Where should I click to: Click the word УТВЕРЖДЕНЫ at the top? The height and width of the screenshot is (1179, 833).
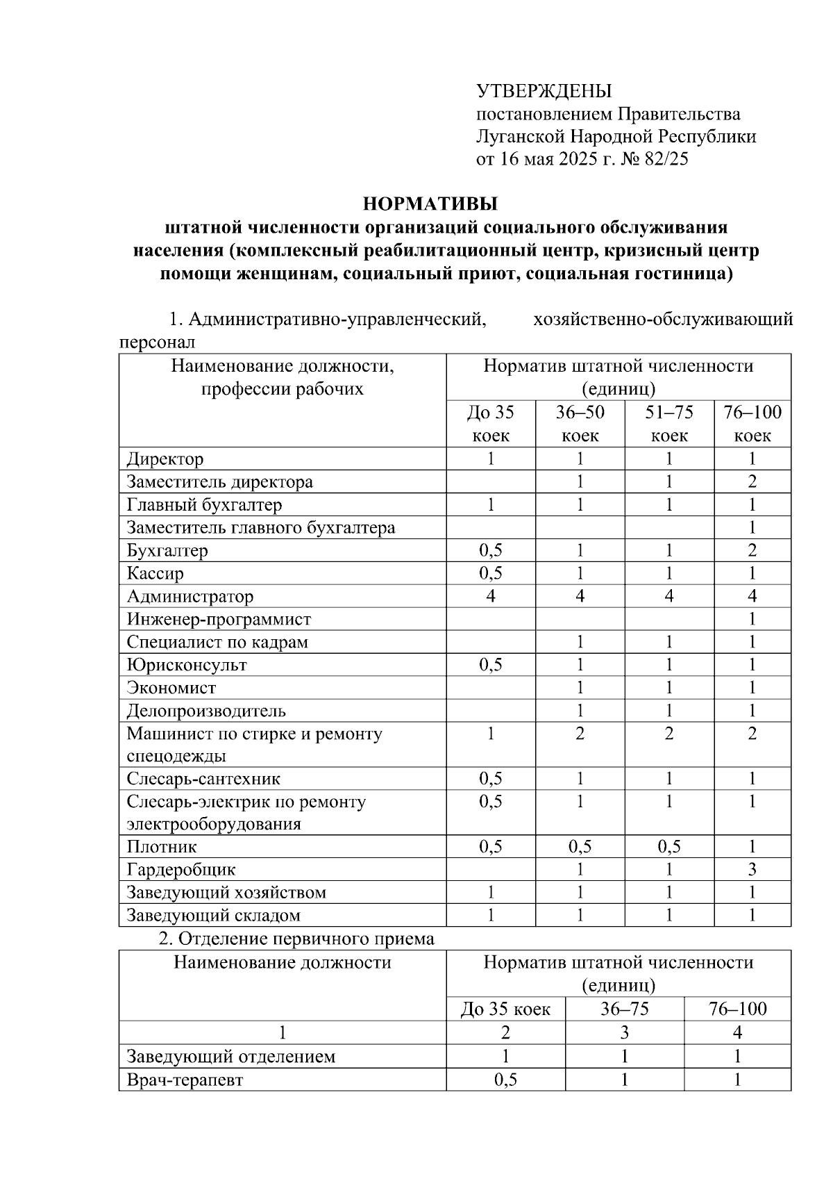point(544,91)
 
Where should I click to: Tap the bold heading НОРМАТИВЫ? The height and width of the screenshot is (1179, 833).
point(430,204)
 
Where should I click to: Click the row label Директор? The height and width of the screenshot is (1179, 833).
point(165,459)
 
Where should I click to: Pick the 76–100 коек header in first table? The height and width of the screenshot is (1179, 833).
point(752,424)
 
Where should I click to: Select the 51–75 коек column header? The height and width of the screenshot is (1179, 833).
point(669,424)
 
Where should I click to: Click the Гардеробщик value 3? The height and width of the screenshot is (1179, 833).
point(752,870)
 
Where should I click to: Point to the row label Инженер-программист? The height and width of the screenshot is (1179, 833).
point(219,619)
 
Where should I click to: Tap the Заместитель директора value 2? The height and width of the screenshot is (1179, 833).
point(752,482)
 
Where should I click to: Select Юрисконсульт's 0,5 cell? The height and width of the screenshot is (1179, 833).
point(491,665)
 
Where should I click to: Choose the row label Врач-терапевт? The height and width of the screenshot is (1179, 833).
point(185,1080)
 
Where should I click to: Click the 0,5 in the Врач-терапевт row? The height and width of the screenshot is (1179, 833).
point(505,1080)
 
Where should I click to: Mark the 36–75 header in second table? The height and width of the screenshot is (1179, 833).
point(625,1009)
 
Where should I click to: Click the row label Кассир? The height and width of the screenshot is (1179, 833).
point(155,574)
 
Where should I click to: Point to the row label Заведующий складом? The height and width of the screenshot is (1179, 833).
point(214,916)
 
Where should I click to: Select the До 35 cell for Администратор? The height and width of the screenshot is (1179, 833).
point(491,596)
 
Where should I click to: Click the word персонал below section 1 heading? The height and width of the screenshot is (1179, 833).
point(157,343)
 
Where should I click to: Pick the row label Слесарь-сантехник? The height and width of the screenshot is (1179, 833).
point(203,779)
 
